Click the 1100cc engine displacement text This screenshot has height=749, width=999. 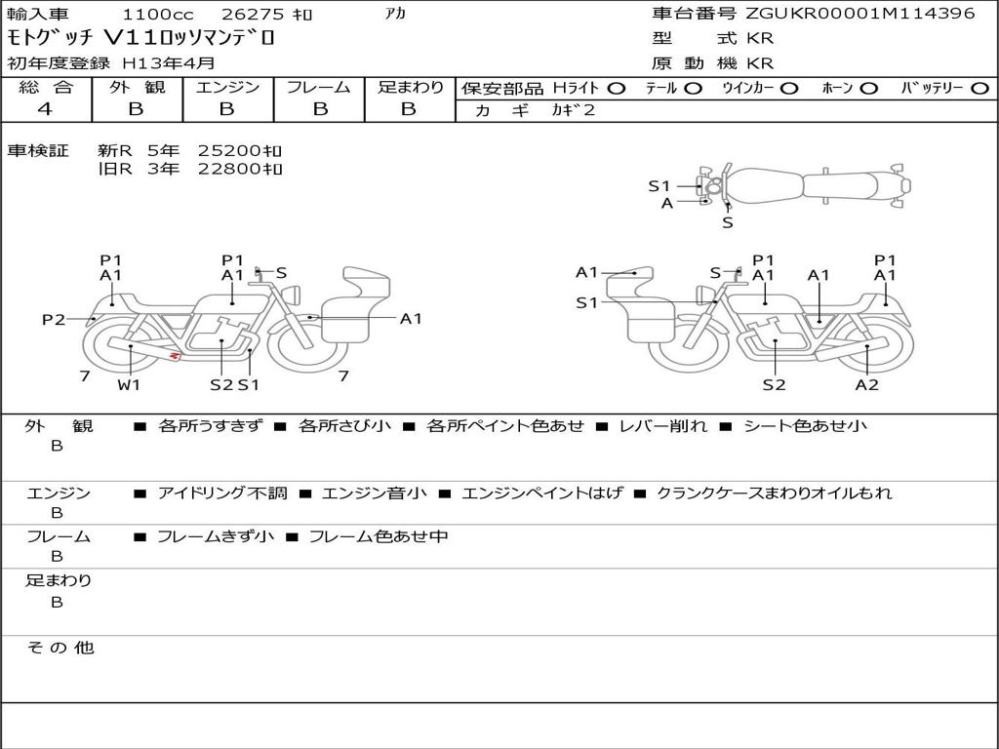157,15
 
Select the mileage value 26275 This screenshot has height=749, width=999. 253,15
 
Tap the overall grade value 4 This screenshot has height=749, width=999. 45,109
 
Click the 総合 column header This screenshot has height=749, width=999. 45,87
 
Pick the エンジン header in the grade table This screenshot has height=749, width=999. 226,87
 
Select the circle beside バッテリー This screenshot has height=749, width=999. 977,88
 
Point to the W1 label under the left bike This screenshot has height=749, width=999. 129,384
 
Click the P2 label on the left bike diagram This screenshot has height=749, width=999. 54,319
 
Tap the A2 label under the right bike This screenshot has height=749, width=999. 866,384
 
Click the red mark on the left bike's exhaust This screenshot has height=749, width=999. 175,356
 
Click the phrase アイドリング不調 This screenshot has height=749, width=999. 222,493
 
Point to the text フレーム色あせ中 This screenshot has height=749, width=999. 379,536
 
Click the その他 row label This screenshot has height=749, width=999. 60,648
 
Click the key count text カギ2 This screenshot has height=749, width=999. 574,110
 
